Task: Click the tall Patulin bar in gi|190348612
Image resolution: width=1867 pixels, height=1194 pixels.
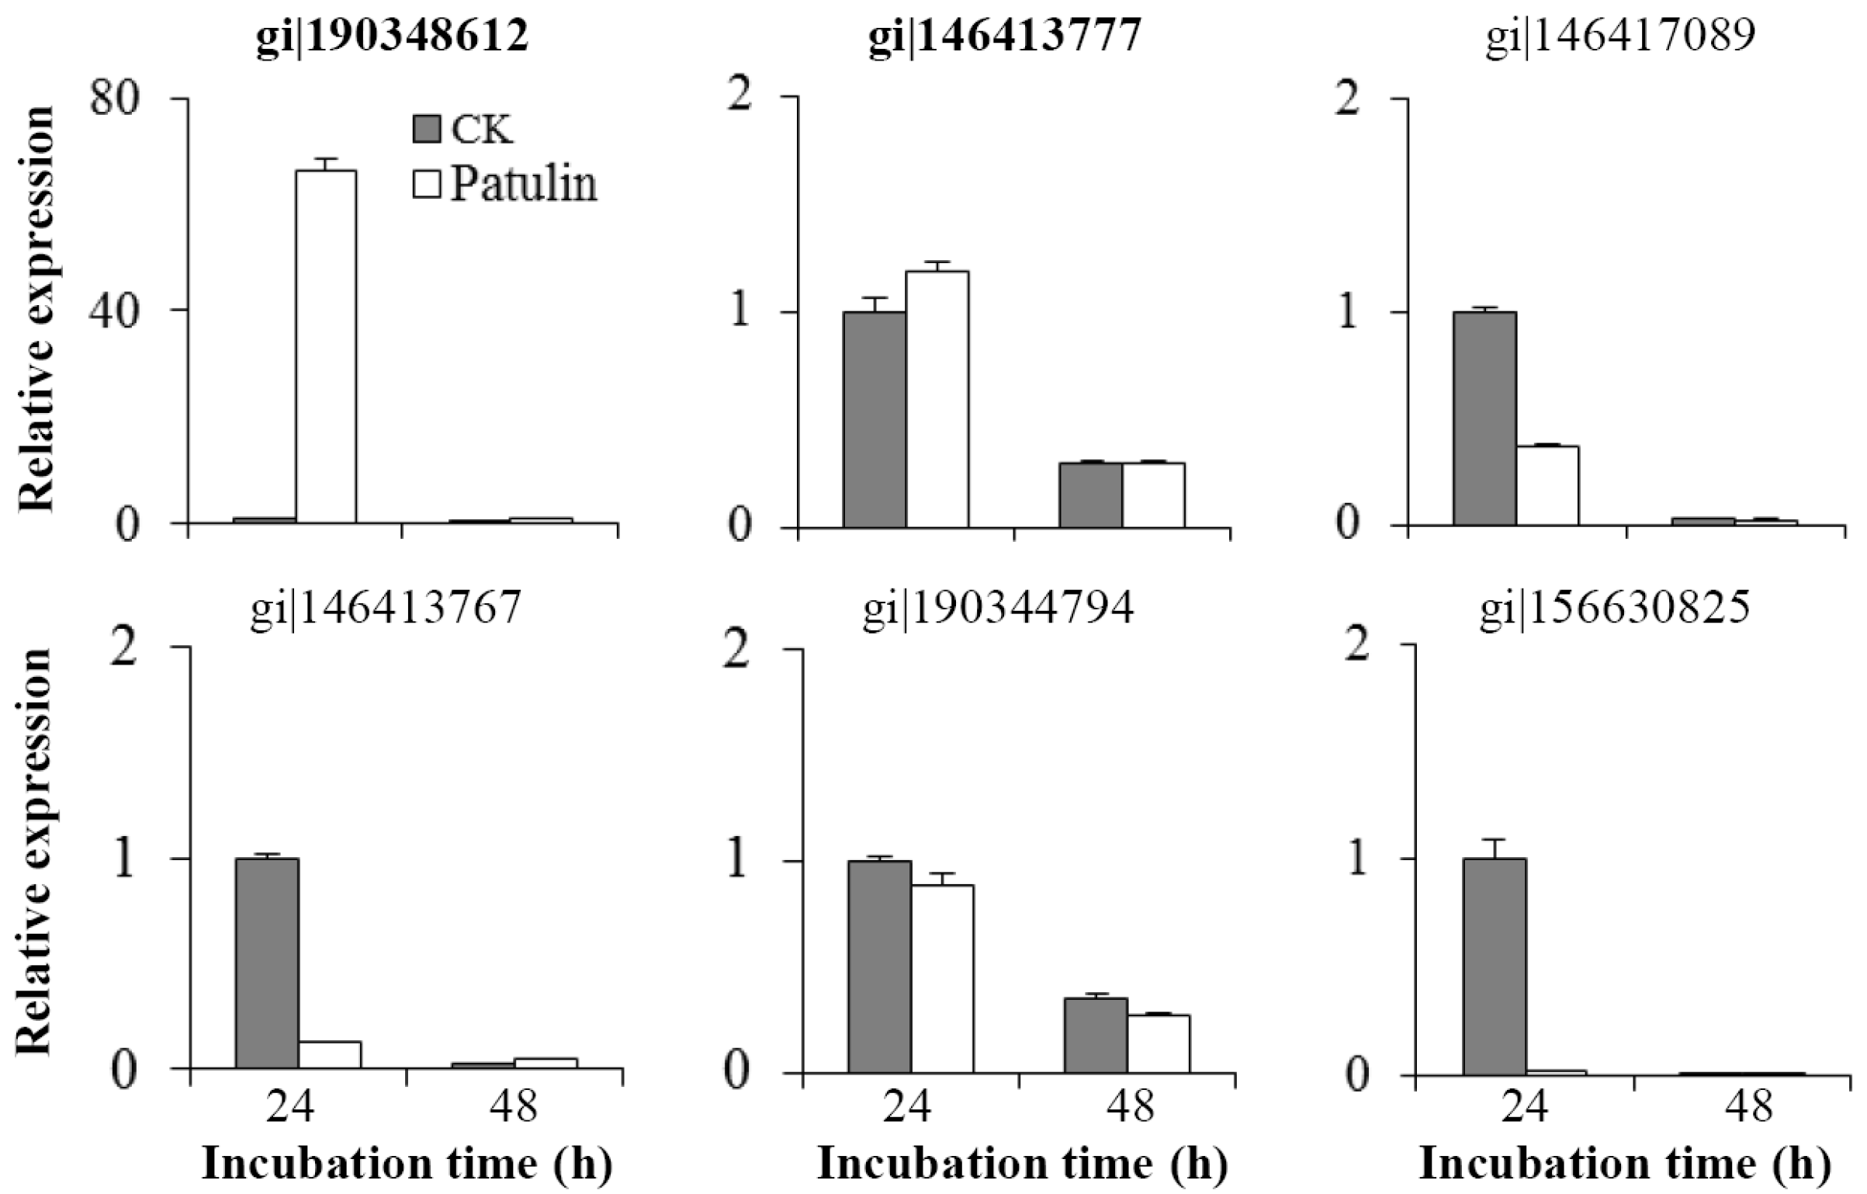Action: coord(326,345)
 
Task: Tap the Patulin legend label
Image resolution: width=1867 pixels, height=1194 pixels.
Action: coord(524,185)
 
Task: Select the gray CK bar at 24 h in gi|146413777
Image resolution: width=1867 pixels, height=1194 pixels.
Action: coord(875,419)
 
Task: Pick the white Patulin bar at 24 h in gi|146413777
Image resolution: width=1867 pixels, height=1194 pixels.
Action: coord(937,399)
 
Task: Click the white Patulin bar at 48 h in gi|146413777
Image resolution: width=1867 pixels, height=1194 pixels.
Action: coord(1153,495)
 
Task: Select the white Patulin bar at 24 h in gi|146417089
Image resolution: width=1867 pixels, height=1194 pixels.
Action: coord(1547,485)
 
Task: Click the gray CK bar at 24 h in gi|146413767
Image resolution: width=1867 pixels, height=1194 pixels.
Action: coord(267,963)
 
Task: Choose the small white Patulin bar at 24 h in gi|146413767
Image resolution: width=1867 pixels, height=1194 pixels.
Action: coord(330,1054)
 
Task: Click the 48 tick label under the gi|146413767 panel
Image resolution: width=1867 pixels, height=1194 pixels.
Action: coord(514,1105)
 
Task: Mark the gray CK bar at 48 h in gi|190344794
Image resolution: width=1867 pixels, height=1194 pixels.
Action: coord(1095,1035)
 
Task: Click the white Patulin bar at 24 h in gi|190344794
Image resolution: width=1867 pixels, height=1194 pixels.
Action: coord(942,978)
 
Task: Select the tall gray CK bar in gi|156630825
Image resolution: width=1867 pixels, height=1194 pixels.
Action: coord(1495,966)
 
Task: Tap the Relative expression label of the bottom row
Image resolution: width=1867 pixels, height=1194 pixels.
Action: coord(35,850)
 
